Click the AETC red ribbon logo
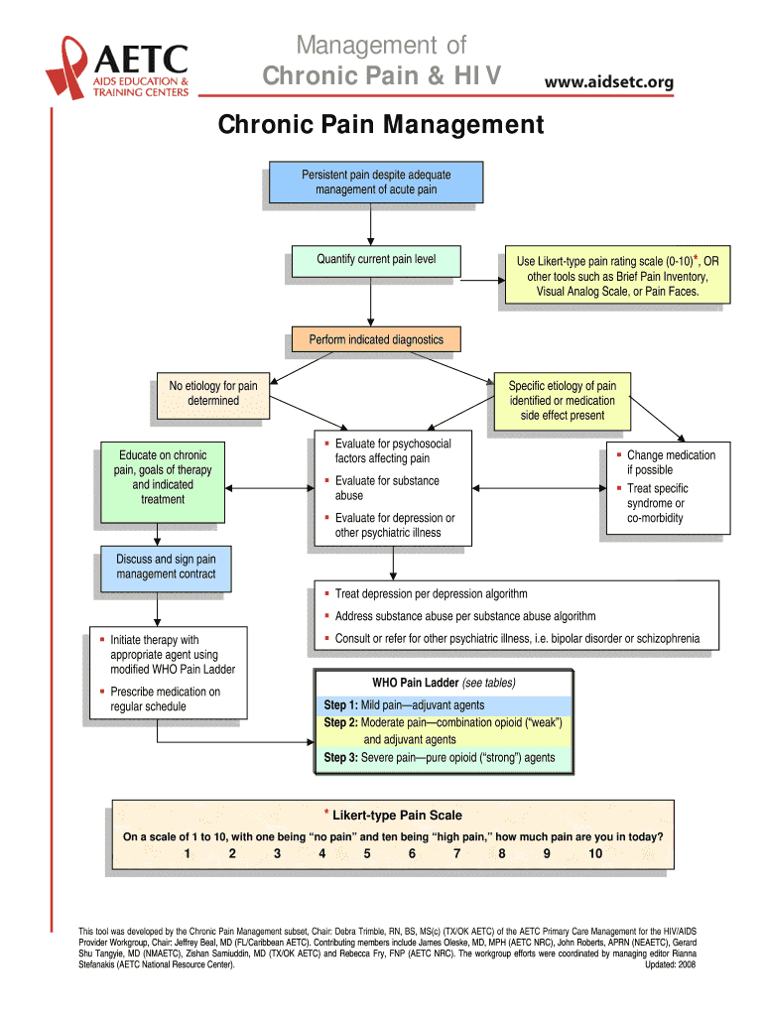pos(69,65)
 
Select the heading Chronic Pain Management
pos(381,126)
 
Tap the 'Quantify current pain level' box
pos(376,260)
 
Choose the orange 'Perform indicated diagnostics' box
pos(375,340)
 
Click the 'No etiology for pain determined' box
pos(212,394)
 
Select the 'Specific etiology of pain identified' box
pos(562,400)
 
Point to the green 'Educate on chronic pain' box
pos(163,478)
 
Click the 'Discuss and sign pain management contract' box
pos(166,568)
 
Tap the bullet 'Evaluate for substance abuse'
pos(386,488)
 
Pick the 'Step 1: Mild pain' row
pos(443,705)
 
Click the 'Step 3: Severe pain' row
pos(443,758)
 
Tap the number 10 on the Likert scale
pos(594,853)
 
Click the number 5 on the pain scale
pos(367,853)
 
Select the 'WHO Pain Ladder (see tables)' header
pos(444,684)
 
